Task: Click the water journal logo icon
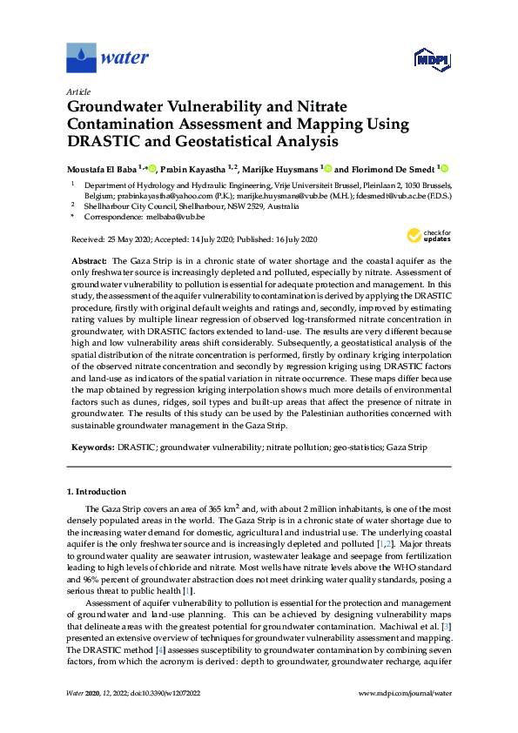click(81, 58)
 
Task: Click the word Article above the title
click(78, 91)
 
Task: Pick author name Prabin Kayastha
click(194, 169)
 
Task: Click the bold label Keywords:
click(91, 447)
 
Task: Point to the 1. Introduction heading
click(100, 492)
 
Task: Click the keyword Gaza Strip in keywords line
click(407, 447)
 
